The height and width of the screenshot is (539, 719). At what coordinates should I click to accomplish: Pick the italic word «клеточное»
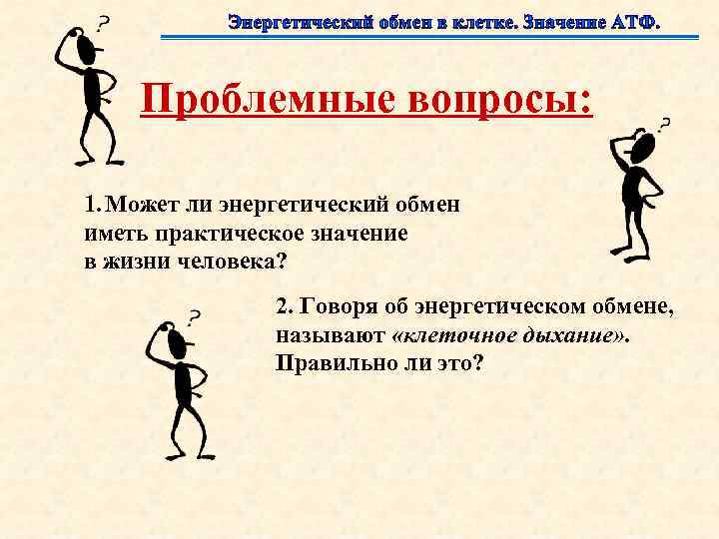pos(454,336)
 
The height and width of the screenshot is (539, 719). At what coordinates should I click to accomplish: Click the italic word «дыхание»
pos(575,336)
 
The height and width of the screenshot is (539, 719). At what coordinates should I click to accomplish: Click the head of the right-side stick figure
pos(642,148)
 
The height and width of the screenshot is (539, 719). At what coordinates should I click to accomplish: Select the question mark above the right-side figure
pos(664,125)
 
